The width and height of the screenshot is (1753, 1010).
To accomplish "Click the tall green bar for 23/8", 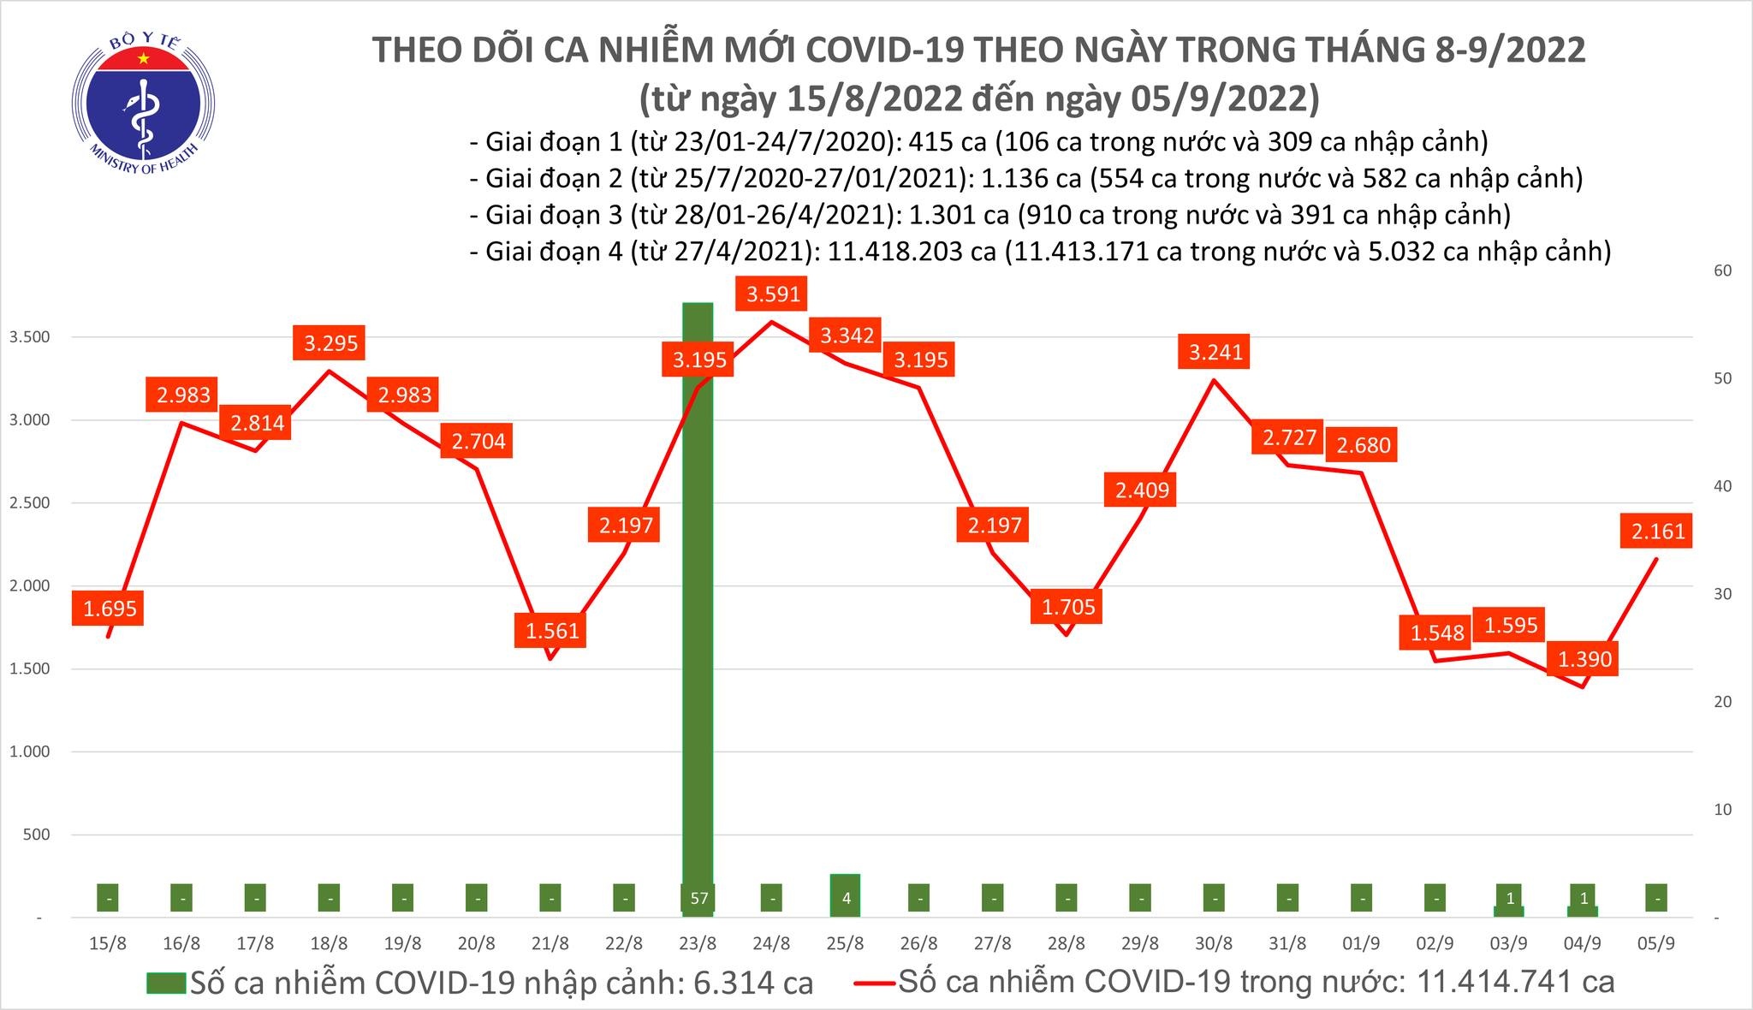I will coord(698,599).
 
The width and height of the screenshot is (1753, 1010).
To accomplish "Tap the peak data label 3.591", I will coord(773,294).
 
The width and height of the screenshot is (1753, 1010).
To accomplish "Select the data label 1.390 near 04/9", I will coord(1584,659).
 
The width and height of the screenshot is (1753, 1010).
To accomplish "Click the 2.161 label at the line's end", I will coord(1658,532).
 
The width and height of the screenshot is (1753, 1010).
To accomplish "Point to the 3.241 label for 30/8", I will coord(1215,352).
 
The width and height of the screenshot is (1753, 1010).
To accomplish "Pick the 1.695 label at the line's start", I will coord(110,609).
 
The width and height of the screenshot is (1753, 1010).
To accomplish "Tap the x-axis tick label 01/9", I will coord(1361,944).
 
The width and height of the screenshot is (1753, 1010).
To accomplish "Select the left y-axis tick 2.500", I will coord(29,503).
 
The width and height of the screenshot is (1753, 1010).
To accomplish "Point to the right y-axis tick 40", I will coord(1715,486).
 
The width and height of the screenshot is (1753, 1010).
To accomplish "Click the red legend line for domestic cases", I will coord(875,983).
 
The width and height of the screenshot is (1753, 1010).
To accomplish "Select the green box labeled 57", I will coord(699,899).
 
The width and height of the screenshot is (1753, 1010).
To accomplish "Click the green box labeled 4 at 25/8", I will coord(846,898).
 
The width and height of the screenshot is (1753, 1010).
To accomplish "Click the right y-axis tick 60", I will coord(1715,270).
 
